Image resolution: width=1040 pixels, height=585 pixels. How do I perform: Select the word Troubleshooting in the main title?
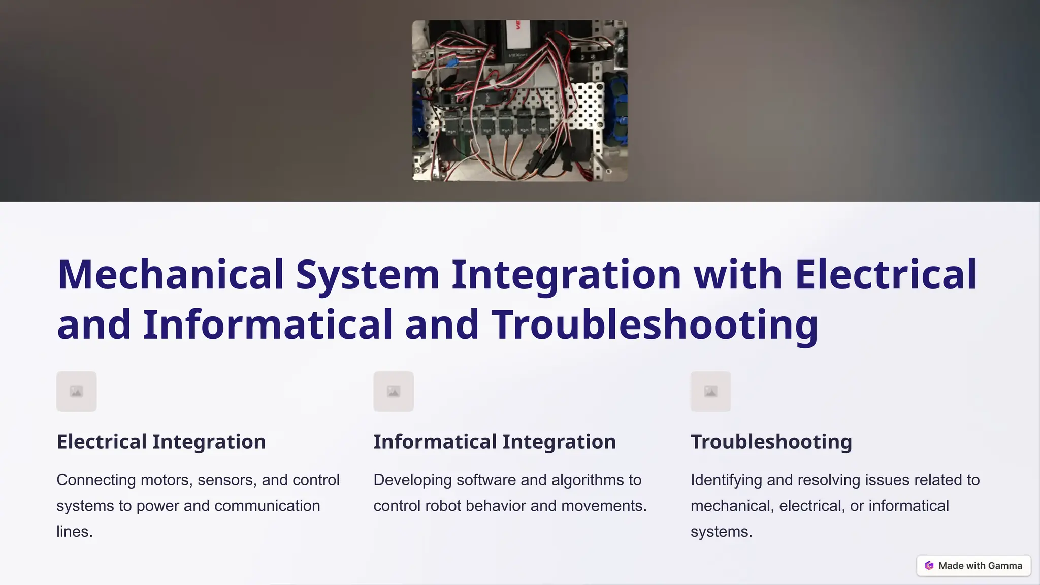coord(655,325)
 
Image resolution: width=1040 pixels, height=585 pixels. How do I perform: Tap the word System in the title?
coord(368,275)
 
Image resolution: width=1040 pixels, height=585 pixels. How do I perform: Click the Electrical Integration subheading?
coord(161,442)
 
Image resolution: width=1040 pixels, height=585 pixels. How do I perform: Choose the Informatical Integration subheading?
coord(495,442)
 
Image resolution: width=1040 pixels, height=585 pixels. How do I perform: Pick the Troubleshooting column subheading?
coord(771,442)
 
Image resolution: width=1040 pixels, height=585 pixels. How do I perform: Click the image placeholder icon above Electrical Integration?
coord(77,392)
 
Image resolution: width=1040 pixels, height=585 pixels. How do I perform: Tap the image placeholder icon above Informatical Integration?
coord(394,392)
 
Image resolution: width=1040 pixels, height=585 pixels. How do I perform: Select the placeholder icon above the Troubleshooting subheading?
coord(710,392)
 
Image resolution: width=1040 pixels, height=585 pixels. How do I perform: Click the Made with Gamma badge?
coord(973,566)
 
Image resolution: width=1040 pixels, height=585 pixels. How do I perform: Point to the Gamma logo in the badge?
coord(929,566)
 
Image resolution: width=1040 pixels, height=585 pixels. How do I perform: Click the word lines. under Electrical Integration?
coord(74,532)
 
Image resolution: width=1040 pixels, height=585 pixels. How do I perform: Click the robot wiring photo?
coord(519,101)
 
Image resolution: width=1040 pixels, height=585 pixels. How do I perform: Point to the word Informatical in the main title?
coord(268,325)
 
